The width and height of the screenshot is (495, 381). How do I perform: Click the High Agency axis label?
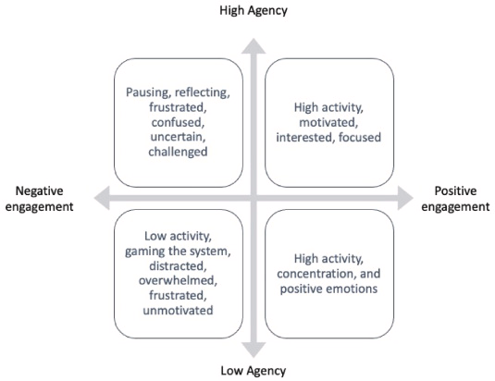point(254,11)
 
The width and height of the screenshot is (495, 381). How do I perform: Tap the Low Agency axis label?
point(254,371)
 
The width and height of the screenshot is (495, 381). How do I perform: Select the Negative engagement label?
point(40,199)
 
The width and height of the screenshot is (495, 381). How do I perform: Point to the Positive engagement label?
point(455,199)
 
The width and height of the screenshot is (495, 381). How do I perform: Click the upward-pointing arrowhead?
point(254,45)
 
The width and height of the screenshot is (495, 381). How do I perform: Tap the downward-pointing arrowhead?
point(254,350)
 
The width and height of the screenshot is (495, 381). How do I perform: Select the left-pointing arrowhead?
point(102,198)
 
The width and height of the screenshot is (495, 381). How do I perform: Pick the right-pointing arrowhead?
point(405,198)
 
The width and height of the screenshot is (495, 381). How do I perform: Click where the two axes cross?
point(254,198)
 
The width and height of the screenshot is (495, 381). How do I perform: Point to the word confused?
point(178,122)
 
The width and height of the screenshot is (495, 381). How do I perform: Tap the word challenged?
point(178,152)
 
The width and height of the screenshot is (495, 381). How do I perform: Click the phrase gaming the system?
point(178,252)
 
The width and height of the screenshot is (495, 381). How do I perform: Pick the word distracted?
point(178,266)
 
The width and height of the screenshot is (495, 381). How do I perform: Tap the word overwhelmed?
point(178,280)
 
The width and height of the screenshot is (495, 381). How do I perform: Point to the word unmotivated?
point(178,311)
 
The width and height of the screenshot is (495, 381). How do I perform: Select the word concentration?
point(316,274)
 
